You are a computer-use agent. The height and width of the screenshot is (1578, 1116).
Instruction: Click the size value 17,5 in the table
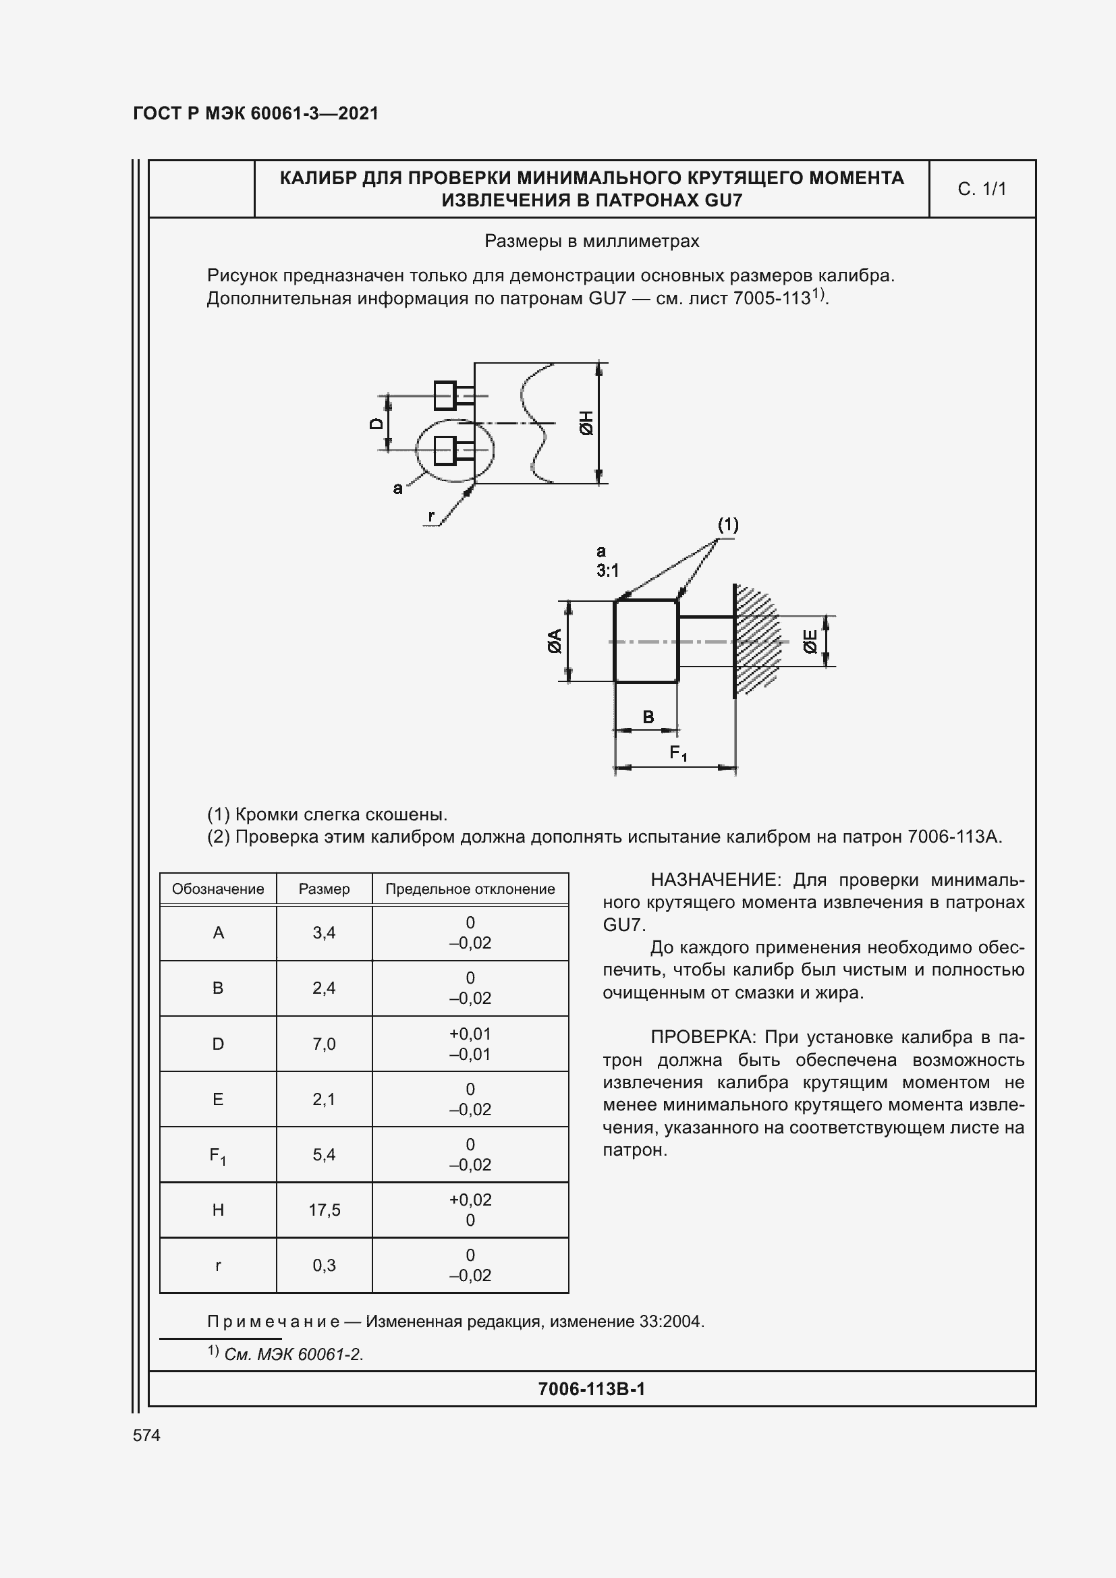click(x=324, y=1210)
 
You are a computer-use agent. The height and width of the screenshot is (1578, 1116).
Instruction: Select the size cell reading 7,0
click(x=324, y=1044)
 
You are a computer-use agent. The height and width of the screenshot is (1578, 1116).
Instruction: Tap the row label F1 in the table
click(x=218, y=1155)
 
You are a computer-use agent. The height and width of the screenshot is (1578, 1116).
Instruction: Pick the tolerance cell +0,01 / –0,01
click(x=470, y=1044)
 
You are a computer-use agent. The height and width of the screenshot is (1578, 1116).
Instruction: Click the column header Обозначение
click(x=218, y=889)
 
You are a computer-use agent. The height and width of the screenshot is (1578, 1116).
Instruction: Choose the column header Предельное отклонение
click(x=470, y=889)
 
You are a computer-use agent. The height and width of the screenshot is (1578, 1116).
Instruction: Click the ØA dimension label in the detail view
click(x=555, y=640)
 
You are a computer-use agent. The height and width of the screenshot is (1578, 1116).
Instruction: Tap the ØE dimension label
click(x=811, y=641)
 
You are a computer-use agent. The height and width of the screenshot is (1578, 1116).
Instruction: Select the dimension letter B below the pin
click(x=648, y=717)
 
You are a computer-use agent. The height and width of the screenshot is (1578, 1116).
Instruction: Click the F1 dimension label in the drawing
click(x=678, y=754)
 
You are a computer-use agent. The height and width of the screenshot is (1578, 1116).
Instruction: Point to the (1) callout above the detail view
click(x=728, y=525)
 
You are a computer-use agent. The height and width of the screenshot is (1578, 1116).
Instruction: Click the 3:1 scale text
click(x=607, y=571)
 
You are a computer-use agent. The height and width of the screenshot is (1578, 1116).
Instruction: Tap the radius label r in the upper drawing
click(x=432, y=515)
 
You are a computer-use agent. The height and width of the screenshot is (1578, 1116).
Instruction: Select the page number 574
click(x=146, y=1435)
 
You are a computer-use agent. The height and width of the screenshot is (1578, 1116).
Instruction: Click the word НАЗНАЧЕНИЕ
click(x=712, y=880)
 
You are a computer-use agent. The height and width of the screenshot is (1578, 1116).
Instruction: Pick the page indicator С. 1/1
click(x=981, y=189)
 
